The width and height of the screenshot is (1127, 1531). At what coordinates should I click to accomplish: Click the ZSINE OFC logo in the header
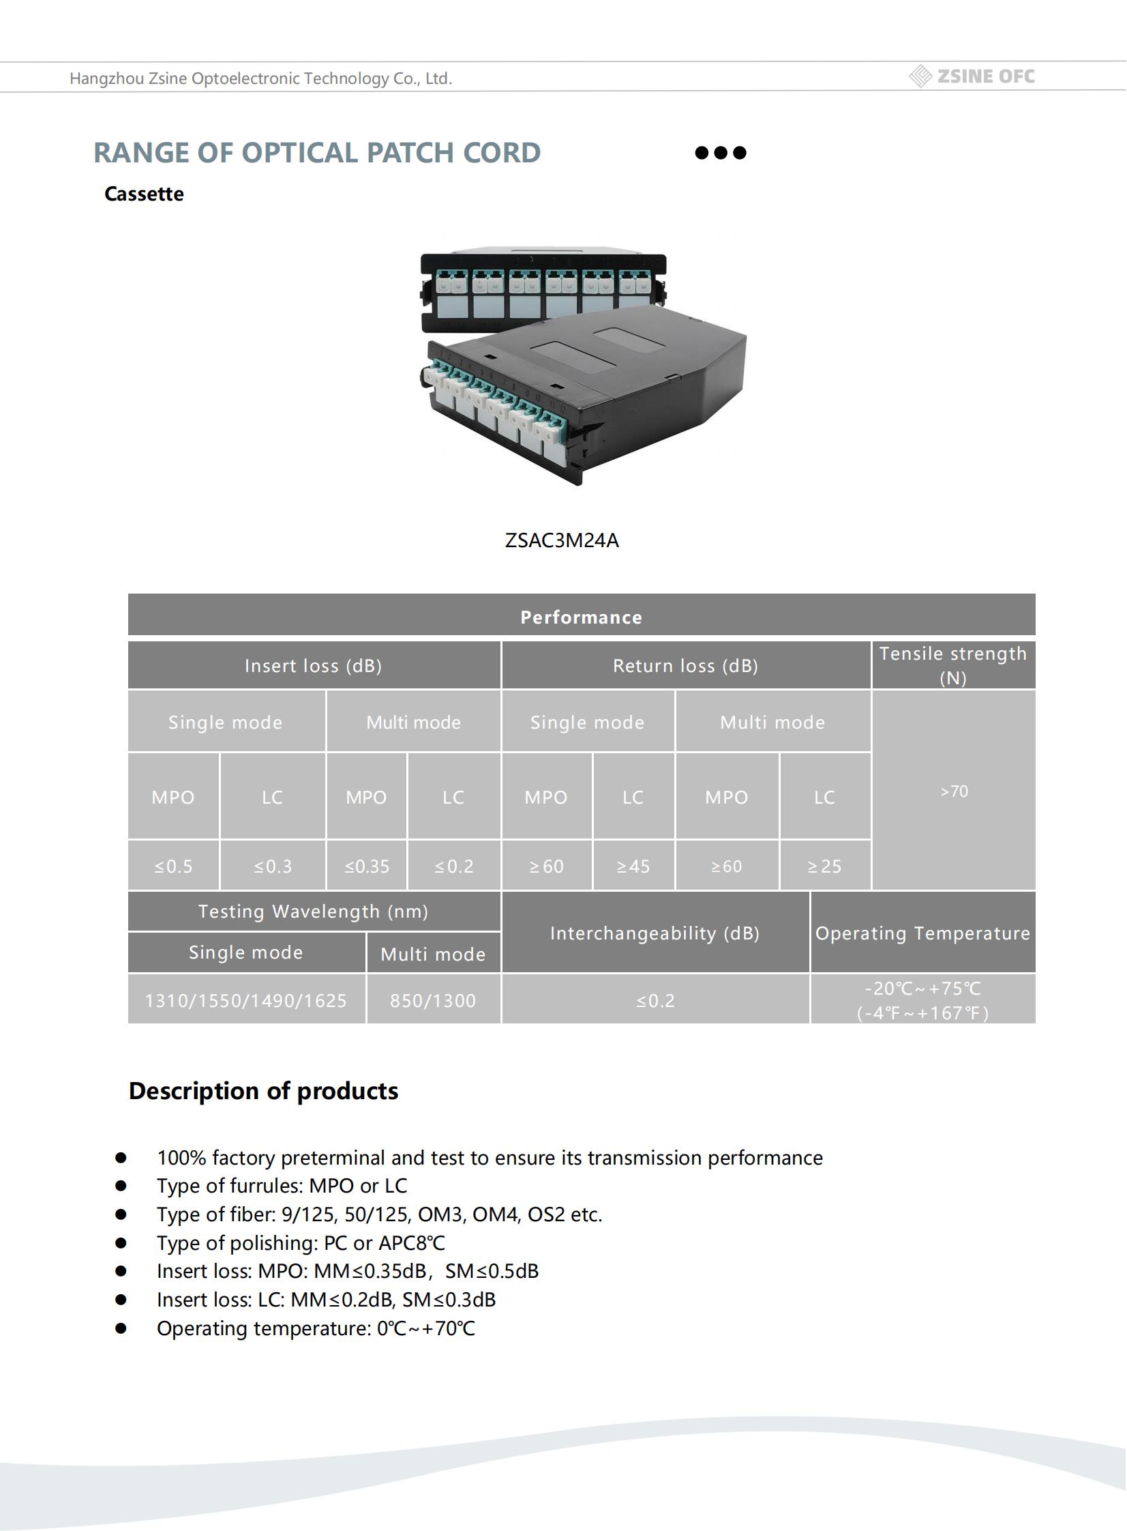(x=972, y=76)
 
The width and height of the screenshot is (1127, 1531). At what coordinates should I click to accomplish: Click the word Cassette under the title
(x=144, y=194)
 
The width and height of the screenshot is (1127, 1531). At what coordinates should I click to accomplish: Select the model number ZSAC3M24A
(x=561, y=540)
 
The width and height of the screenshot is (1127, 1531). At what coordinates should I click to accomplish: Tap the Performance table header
(x=582, y=617)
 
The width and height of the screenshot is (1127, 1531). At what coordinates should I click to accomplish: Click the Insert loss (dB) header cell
(x=313, y=665)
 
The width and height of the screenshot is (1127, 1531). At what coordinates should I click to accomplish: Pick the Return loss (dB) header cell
(x=685, y=665)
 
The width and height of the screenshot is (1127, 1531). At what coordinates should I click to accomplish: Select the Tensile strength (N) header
(x=952, y=665)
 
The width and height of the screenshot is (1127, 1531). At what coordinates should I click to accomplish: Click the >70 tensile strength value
(x=954, y=791)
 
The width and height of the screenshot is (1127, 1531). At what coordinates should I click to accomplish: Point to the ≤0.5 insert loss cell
(x=173, y=866)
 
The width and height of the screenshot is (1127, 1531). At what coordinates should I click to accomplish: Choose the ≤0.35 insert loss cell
(x=366, y=866)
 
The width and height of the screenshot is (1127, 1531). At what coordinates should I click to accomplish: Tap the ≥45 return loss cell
(x=633, y=866)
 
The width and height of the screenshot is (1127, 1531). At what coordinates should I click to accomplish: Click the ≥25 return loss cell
(x=824, y=866)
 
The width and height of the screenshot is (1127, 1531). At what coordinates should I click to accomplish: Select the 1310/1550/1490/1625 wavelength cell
(x=245, y=1001)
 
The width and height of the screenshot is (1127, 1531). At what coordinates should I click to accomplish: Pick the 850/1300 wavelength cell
(x=432, y=1001)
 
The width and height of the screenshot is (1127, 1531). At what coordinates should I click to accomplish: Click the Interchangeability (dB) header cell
(x=655, y=933)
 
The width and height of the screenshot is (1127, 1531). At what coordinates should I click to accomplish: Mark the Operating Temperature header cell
(x=922, y=933)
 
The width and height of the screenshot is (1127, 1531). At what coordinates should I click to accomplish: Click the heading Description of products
(x=263, y=1091)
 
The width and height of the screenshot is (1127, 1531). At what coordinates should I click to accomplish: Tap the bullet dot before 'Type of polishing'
(x=121, y=1243)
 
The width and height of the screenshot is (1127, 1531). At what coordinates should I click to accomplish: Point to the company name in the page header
(x=260, y=78)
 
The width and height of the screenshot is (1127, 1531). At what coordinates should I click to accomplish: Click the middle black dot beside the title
(x=721, y=152)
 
